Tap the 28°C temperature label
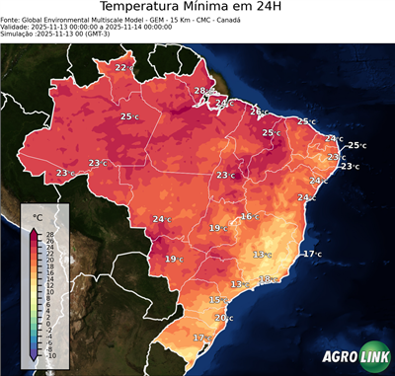[x=201, y=91]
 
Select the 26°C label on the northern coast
[x=258, y=112]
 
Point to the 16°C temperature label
[x=249, y=216]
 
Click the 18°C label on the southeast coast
[x=267, y=279]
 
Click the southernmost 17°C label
[x=201, y=338]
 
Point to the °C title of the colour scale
[x=38, y=216]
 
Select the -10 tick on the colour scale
[x=50, y=356]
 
